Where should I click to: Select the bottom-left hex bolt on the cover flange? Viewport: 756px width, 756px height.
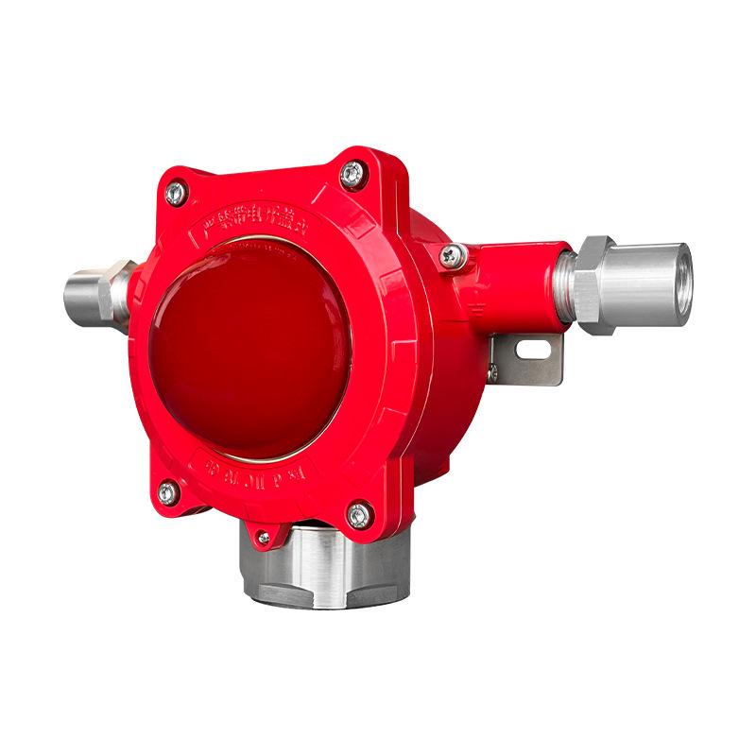point(167,491)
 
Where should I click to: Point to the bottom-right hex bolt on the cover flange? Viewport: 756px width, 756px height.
point(357,515)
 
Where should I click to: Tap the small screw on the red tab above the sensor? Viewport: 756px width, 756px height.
point(264,539)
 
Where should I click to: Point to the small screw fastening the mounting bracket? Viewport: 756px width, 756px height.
point(492,374)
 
